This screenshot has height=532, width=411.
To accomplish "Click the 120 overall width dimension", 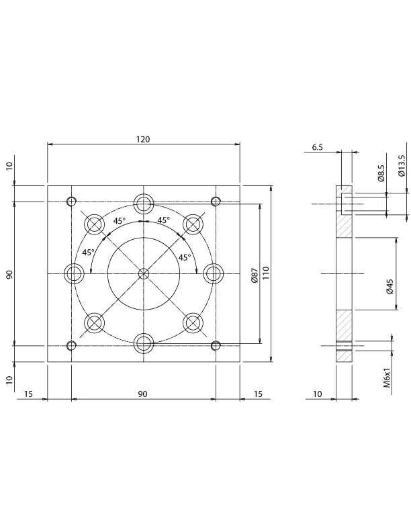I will coord(142,139).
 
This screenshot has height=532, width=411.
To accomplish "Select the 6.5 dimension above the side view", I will coord(318,147).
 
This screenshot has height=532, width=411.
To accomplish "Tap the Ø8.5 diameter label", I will coord(381,173).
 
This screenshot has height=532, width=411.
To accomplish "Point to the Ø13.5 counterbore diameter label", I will coord(402,165).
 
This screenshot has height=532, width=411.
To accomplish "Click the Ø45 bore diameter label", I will coord(390,285).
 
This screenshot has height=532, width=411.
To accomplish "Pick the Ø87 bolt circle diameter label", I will coord(254,275).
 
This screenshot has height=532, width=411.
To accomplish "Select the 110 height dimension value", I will coord(266,273).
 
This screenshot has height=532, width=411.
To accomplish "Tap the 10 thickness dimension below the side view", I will coord(318,394).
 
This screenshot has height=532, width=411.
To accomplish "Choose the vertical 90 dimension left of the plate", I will coord(9,274).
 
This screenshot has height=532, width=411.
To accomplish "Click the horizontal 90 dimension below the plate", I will coord(142,394).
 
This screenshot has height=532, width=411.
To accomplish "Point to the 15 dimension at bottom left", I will coord(29,394).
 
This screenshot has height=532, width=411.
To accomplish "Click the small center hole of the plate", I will coord(143,273).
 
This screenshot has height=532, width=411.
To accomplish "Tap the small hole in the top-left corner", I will coord(71,202).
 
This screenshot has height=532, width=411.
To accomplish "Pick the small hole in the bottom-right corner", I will coord(216,346).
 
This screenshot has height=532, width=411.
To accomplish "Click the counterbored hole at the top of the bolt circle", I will coord(143,203).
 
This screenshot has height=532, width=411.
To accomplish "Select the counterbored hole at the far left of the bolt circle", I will coord(73,273).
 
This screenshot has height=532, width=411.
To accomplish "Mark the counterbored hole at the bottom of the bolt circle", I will coord(143,344).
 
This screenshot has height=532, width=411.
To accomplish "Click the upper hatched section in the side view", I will coord(343,226).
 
